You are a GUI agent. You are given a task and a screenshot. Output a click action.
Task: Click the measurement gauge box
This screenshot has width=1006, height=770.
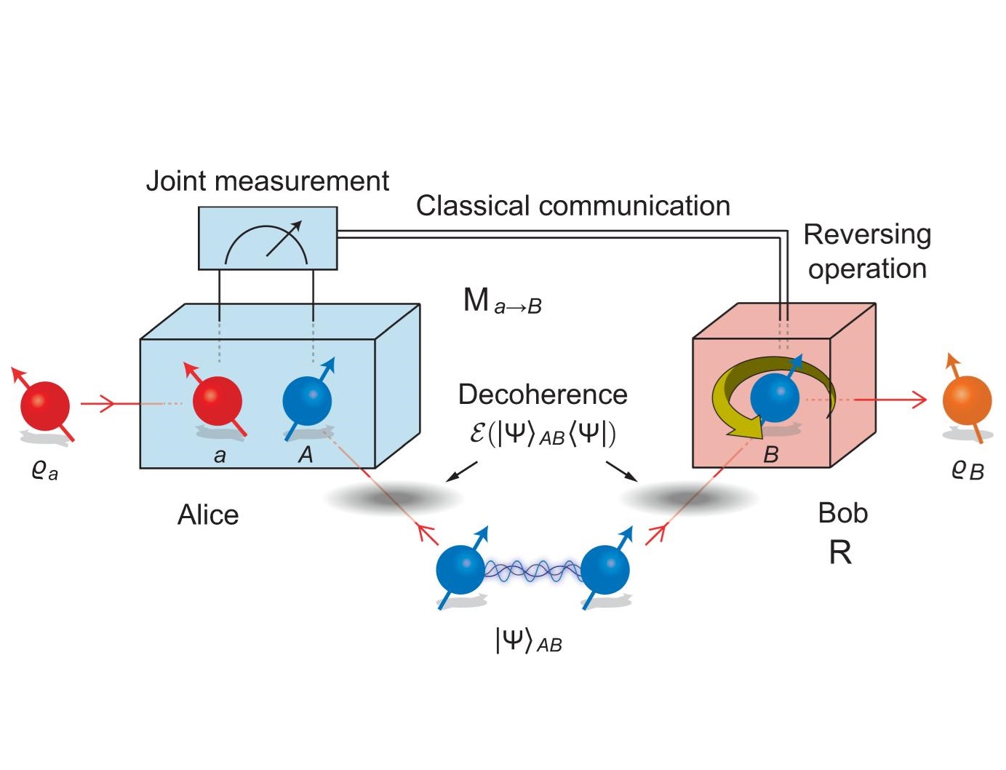coord(268,238)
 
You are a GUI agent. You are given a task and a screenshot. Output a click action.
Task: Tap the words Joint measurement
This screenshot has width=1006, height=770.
coord(268,180)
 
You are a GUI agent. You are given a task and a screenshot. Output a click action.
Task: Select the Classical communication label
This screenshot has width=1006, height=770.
coord(572,206)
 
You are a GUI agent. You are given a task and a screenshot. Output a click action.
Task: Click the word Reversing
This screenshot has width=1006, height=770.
coord(867,234)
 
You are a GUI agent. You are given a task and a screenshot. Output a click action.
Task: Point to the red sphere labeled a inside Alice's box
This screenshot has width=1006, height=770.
coord(217,401)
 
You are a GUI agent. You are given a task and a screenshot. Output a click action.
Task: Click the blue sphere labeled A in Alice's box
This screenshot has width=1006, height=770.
coord(307,401)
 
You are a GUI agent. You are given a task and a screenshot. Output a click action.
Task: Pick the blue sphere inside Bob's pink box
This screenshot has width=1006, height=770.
coord(775,397)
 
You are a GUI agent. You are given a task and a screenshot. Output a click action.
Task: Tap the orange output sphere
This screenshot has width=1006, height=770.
coord(967,401)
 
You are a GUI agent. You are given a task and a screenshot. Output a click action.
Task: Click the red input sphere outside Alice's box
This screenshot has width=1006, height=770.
coord(45,406)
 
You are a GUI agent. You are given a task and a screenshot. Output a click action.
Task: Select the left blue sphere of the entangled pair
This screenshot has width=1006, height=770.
coord(460,570)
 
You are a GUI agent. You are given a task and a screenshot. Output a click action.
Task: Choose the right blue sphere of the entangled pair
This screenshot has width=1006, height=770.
coord(605,570)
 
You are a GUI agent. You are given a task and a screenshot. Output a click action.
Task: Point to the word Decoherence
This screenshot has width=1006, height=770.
coord(543,394)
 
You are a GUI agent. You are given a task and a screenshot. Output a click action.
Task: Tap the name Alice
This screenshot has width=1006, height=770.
coord(208,515)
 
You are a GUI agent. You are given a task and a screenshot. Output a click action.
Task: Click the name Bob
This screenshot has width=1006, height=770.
coord(843,513)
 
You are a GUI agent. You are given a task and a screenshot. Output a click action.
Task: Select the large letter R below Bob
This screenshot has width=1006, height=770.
coord(840,553)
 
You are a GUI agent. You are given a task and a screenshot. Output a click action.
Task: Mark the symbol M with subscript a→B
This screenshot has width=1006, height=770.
coord(502,301)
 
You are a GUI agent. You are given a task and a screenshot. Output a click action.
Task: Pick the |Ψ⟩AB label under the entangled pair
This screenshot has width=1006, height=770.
coord(529,641)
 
